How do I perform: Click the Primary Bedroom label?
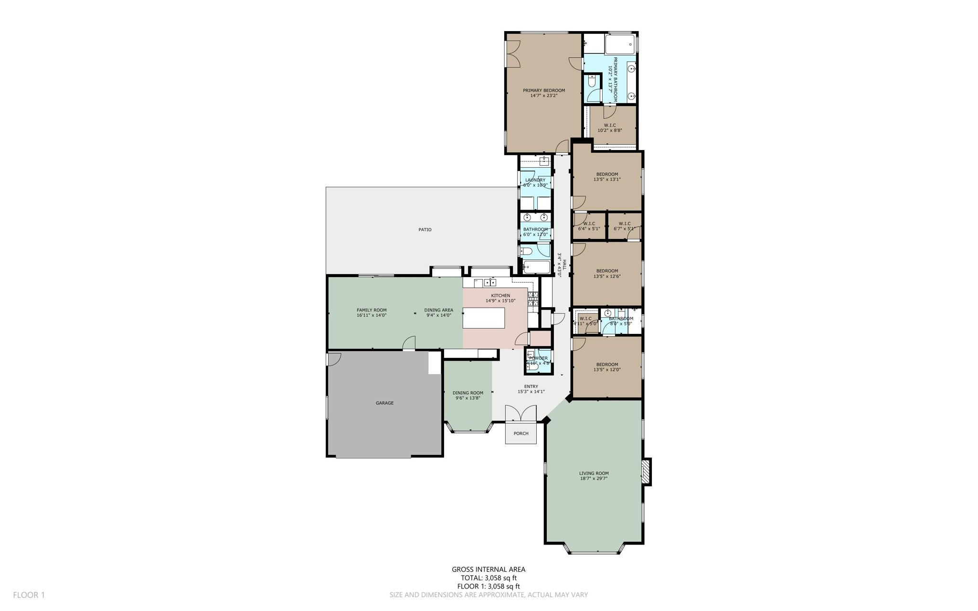click(543, 90)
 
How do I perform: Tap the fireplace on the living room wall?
click(646, 472)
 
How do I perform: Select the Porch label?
click(521, 434)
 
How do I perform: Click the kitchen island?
click(484, 318)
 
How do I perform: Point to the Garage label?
click(384, 403)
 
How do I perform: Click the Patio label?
click(425, 230)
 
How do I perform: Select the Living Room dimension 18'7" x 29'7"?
click(594, 478)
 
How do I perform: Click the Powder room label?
click(538, 358)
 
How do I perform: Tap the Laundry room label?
click(535, 180)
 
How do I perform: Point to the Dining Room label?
click(468, 393)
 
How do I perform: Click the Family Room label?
click(372, 310)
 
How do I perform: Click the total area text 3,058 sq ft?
click(489, 578)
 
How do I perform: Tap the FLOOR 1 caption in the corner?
click(29, 595)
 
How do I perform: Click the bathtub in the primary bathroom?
click(620, 44)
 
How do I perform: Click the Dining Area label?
click(438, 310)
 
